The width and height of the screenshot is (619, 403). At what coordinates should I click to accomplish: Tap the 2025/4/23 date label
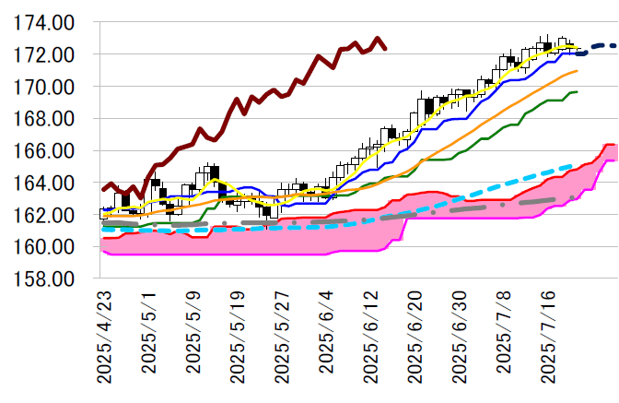(104, 337)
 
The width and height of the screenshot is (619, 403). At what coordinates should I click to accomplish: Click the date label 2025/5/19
(238, 337)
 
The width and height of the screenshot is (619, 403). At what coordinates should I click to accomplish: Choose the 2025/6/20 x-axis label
(415, 337)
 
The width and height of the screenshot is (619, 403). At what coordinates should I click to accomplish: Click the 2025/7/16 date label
(549, 337)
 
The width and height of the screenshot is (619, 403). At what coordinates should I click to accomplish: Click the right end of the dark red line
(385, 48)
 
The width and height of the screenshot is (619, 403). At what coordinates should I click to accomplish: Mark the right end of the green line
(577, 91)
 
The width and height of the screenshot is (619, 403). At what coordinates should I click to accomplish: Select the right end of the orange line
(577, 71)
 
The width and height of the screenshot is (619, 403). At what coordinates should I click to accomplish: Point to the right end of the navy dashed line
(615, 45)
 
